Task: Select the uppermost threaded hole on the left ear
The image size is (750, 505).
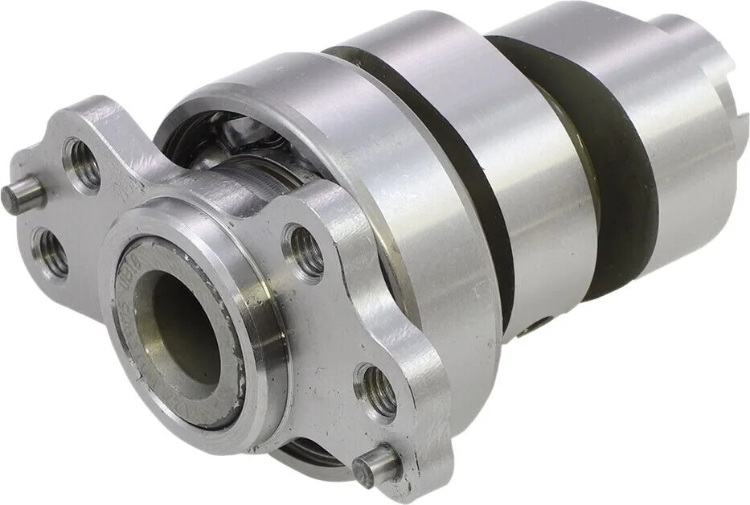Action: pyautogui.click(x=83, y=165)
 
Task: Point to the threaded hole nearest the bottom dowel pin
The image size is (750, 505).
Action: pyautogui.click(x=376, y=392)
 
